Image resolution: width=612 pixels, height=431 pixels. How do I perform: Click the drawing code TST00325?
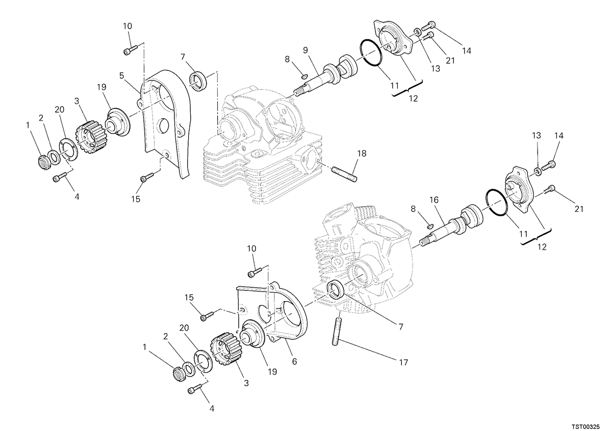pos(586,426)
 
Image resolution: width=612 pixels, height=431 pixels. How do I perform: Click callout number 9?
pos(305,50)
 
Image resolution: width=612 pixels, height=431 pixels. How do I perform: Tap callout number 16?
pos(433,200)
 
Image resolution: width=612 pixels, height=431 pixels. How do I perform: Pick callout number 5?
pos(122,75)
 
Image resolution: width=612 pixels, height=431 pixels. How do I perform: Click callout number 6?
pos(294,361)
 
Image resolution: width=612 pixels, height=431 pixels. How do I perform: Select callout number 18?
pos(362,153)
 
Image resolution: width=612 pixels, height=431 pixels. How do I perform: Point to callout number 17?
pos(403,363)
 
